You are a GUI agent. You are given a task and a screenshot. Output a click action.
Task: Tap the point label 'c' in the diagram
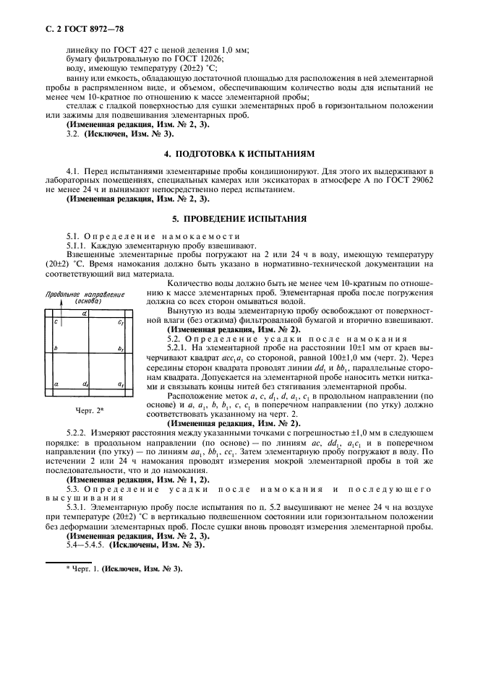pos(56,322)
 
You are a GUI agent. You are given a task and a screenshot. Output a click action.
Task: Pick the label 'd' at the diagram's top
pos(85,313)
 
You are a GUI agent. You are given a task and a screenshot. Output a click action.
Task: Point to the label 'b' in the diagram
pos(56,349)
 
